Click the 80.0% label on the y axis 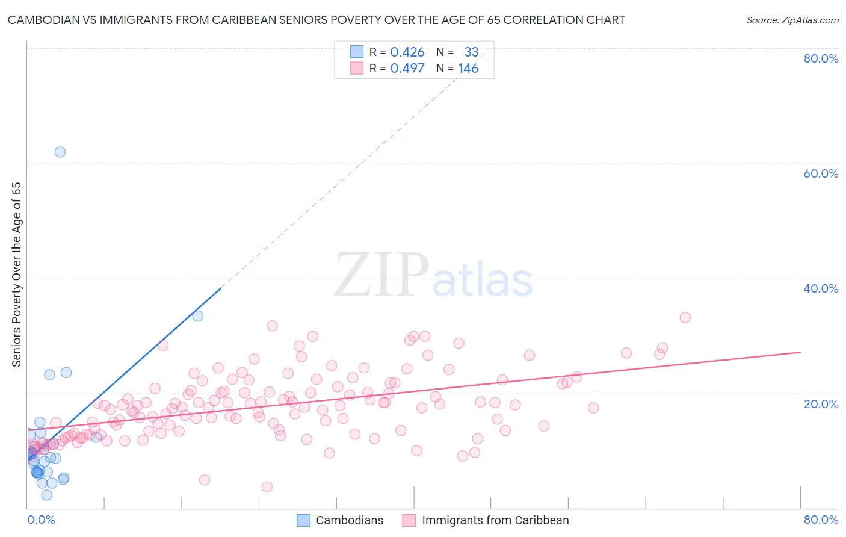tap(821, 58)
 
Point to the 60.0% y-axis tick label tap(821, 173)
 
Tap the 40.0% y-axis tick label tap(821, 288)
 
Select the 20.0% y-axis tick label tap(821, 404)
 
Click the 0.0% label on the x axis tap(41, 520)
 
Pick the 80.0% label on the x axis tap(821, 520)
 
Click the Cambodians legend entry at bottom tap(349, 520)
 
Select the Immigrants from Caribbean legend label tap(495, 520)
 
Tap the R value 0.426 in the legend tap(407, 52)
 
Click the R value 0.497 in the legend tap(407, 69)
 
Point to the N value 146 tap(468, 69)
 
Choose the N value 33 tap(471, 52)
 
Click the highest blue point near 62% tap(60, 152)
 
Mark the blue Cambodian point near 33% tap(197, 315)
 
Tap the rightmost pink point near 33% tap(685, 317)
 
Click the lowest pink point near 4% tap(267, 486)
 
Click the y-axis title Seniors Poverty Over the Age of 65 tap(16, 275)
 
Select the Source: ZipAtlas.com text tap(792, 20)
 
